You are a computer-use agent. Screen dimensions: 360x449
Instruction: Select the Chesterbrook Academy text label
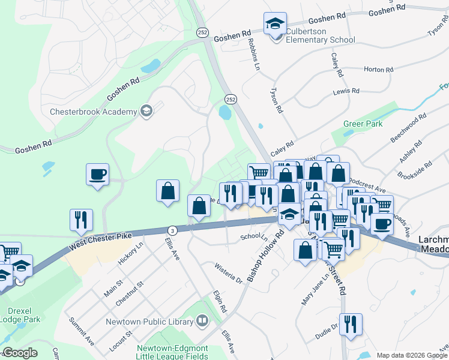click(93, 111)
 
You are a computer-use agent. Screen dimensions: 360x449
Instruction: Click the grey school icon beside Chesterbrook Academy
click(146, 110)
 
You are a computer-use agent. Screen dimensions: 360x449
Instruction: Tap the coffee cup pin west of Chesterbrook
click(97, 175)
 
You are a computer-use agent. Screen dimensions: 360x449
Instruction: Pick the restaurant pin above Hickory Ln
click(81, 220)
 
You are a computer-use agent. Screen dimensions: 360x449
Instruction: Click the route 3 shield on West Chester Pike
click(172, 230)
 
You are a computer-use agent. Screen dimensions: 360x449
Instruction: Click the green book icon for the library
click(202, 321)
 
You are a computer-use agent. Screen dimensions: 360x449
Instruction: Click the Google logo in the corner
click(19, 353)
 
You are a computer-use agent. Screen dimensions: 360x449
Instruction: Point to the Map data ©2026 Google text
click(411, 355)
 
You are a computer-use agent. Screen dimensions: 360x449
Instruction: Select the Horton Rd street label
click(378, 70)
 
